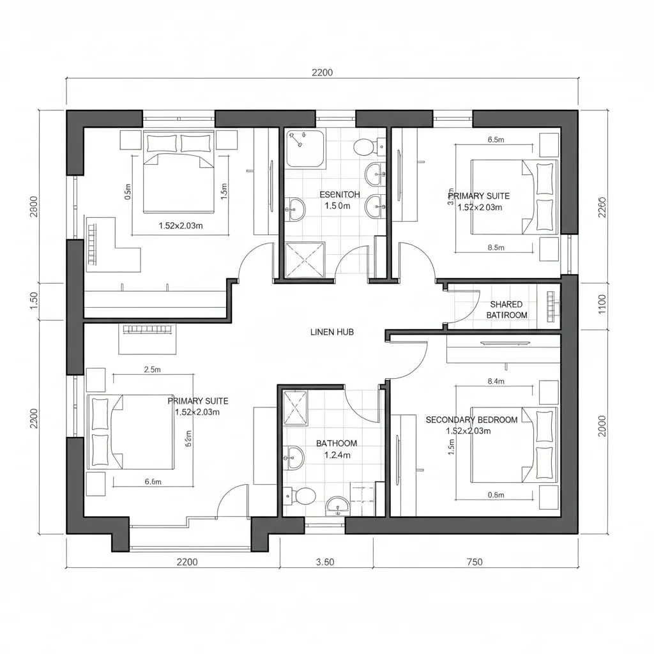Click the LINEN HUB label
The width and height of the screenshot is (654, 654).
pyautogui.click(x=331, y=332)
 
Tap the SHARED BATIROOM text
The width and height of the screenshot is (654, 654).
pyautogui.click(x=506, y=310)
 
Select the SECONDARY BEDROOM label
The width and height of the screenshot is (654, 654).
pyautogui.click(x=471, y=420)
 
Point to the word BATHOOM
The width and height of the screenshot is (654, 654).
pyautogui.click(x=337, y=443)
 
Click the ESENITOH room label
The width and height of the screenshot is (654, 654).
pyautogui.click(x=339, y=194)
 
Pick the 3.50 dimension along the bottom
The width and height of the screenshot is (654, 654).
pyautogui.click(x=326, y=562)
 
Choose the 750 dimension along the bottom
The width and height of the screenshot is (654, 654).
pyautogui.click(x=475, y=562)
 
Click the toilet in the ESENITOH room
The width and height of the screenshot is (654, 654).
pyautogui.click(x=365, y=146)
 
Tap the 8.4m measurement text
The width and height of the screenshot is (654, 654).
pyautogui.click(x=496, y=382)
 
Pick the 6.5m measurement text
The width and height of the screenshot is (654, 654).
pyautogui.click(x=496, y=139)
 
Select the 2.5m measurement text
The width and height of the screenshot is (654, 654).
pyautogui.click(x=153, y=369)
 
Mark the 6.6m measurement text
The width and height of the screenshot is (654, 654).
pyautogui.click(x=153, y=482)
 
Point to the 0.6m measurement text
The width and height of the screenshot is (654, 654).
pyautogui.click(x=496, y=494)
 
